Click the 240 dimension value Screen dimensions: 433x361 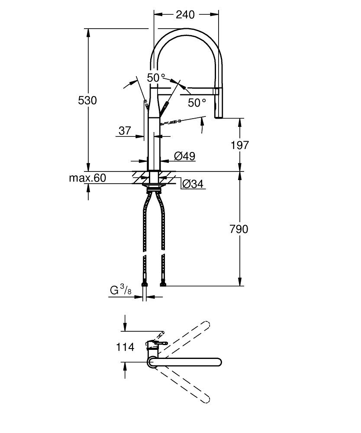[185, 15]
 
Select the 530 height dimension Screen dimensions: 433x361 [87, 100]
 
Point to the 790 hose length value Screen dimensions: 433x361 [239, 229]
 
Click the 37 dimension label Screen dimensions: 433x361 [125, 130]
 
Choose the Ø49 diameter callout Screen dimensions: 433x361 [184, 156]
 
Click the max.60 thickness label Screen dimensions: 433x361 [87, 178]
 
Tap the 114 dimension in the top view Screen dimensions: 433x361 [125, 347]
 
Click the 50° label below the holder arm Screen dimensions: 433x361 [197, 103]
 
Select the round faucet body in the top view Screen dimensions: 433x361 [152, 362]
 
